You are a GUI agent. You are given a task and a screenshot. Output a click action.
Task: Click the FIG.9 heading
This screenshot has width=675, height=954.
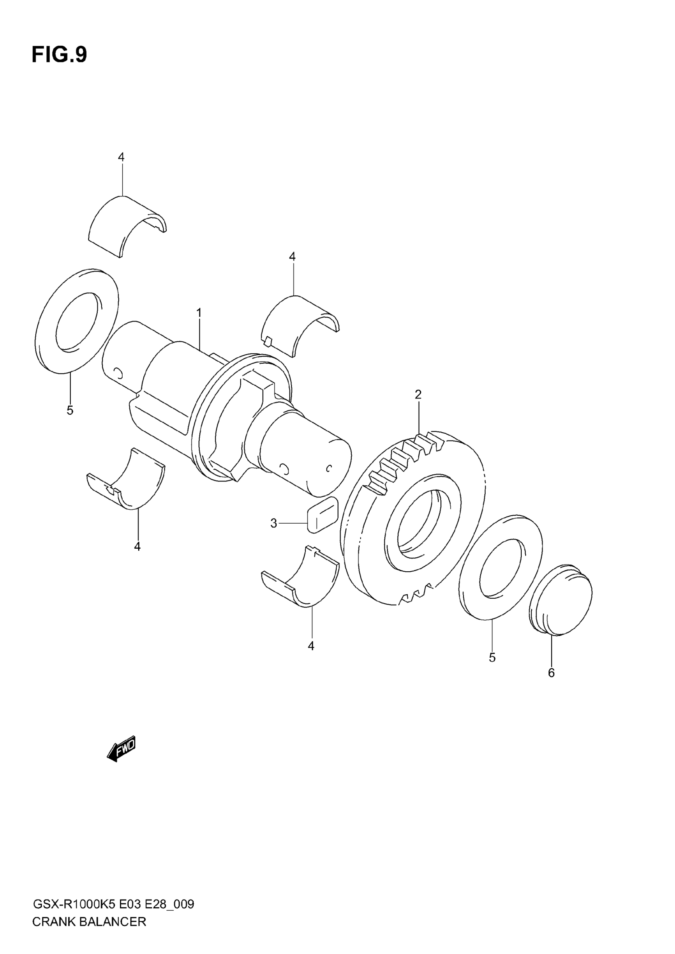pos(60,55)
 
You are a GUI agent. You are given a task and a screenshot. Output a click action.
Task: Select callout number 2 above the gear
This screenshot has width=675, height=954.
pos(418,394)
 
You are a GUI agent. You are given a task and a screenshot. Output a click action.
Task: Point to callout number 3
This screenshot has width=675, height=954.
pos(274,524)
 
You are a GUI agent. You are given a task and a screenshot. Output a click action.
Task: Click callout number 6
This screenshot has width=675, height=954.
pos(551,673)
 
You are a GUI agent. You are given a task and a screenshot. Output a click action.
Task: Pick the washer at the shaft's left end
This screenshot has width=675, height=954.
pos(77,321)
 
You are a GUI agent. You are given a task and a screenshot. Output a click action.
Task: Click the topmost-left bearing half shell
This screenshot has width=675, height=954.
pos(125,224)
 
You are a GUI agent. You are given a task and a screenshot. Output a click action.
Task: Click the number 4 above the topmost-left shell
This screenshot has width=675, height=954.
pos(121,157)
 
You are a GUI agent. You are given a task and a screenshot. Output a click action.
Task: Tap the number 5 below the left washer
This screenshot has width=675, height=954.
pos(70,411)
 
